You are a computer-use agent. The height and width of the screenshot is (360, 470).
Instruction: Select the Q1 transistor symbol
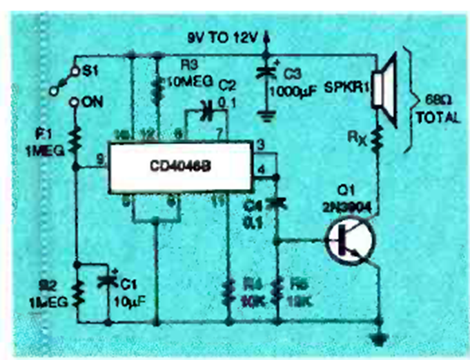click(349, 241)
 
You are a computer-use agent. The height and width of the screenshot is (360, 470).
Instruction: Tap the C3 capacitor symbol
click(266, 72)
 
